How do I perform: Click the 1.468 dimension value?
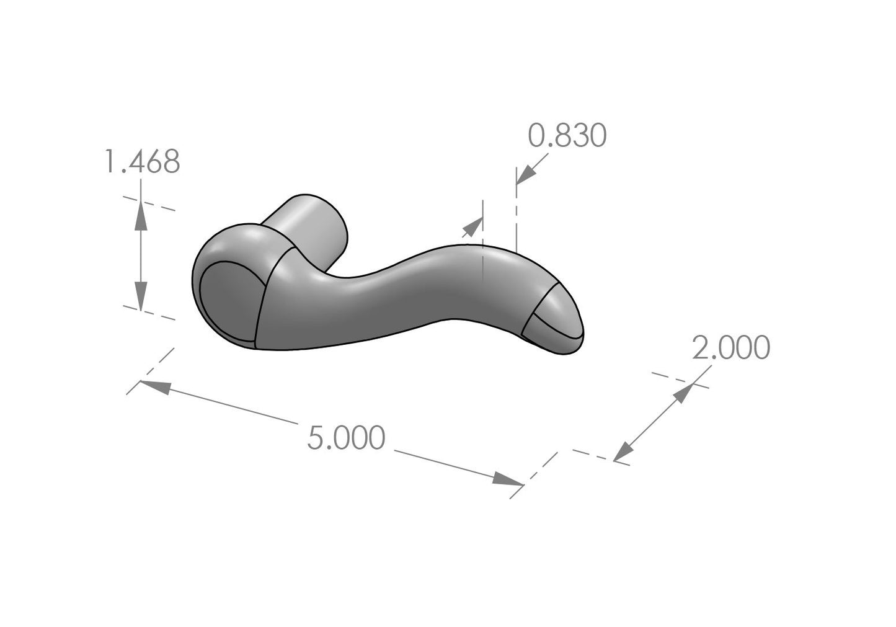click(142, 162)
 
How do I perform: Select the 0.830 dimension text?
click(566, 136)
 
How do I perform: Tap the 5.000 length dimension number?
click(346, 438)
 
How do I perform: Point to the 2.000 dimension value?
click(730, 348)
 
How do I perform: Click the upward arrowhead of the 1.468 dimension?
click(141, 212)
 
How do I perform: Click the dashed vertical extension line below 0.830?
click(516, 217)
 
